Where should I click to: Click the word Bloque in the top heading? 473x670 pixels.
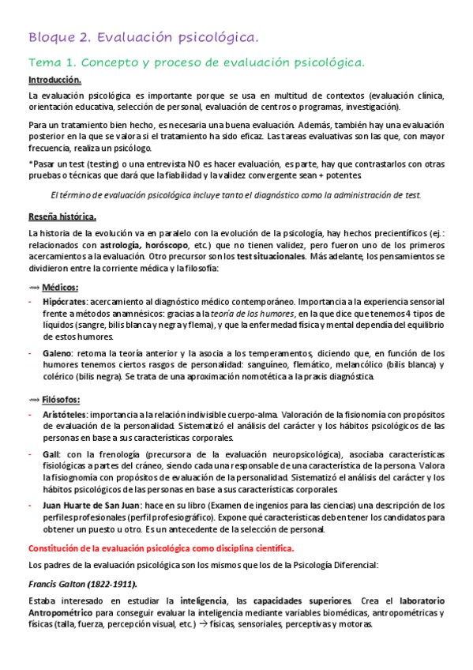(x=49, y=37)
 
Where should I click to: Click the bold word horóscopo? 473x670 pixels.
(x=175, y=246)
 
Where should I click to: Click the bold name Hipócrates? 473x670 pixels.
(x=65, y=303)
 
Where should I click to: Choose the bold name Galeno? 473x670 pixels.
(x=58, y=353)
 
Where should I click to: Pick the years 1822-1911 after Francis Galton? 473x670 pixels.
(x=113, y=583)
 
